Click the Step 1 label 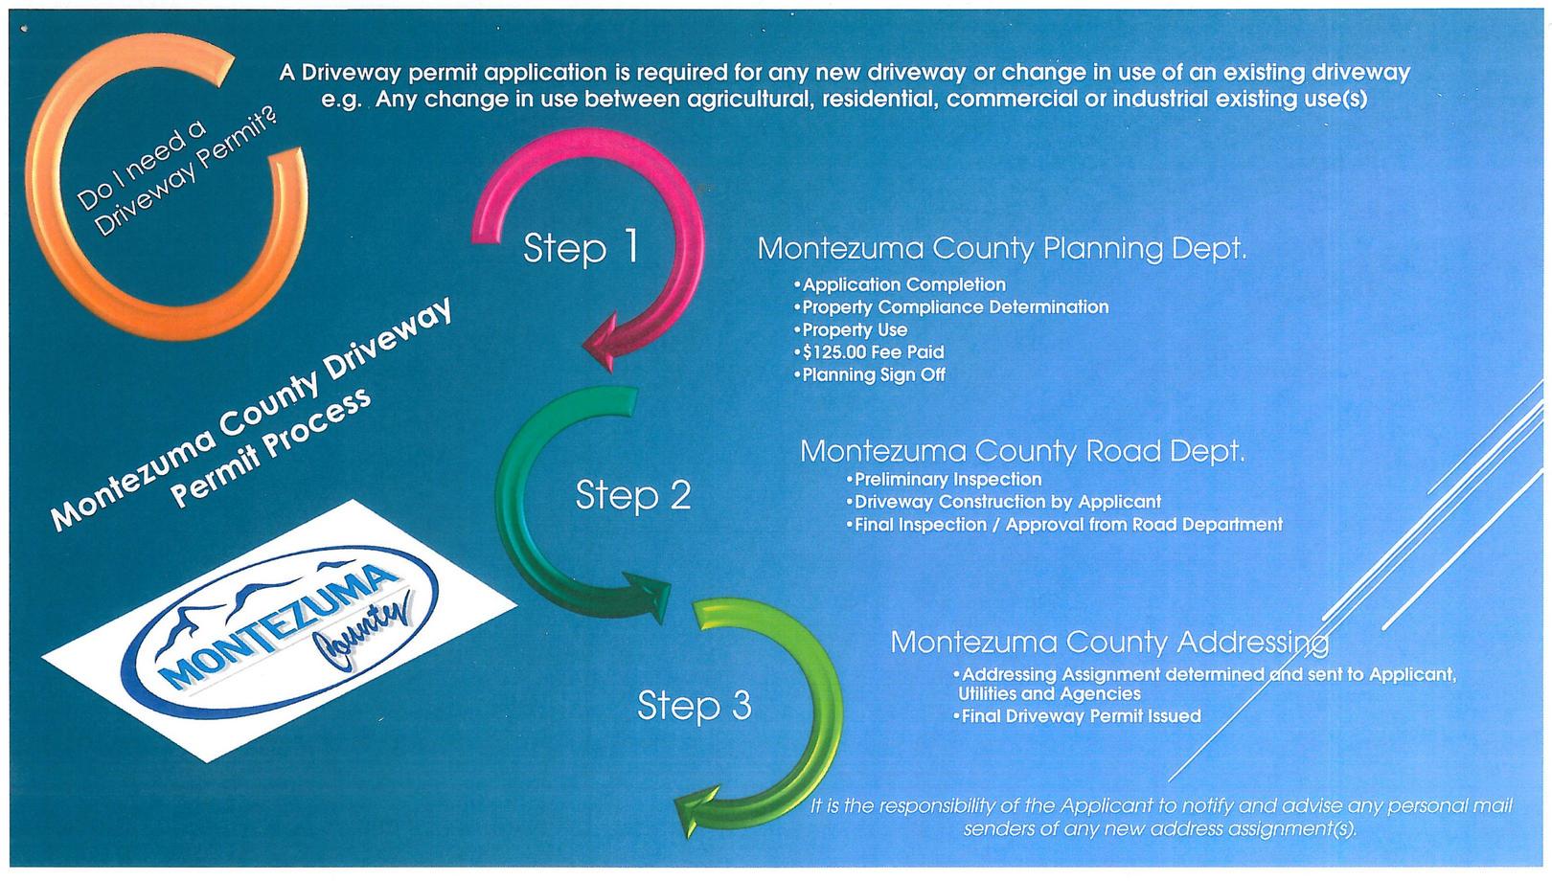click(581, 248)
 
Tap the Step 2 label click(632, 495)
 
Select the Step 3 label click(695, 706)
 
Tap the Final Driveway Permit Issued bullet click(1080, 716)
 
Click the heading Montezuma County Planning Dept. click(1001, 249)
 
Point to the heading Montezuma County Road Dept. click(1022, 451)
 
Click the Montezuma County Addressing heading click(1108, 642)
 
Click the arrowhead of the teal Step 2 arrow click(650, 595)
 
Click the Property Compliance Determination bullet click(954, 307)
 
